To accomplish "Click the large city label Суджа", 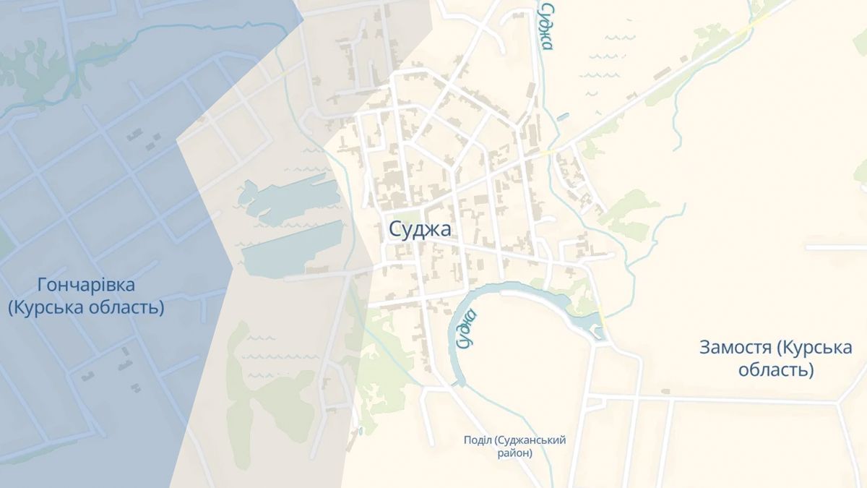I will click(420, 229).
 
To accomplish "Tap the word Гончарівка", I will click(86, 285).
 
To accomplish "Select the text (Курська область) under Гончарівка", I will click(86, 307).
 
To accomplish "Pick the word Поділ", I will click(478, 440).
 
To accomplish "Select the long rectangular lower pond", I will click(292, 249).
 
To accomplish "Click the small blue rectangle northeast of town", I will click(563, 115).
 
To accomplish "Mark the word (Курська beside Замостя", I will click(816, 347).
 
